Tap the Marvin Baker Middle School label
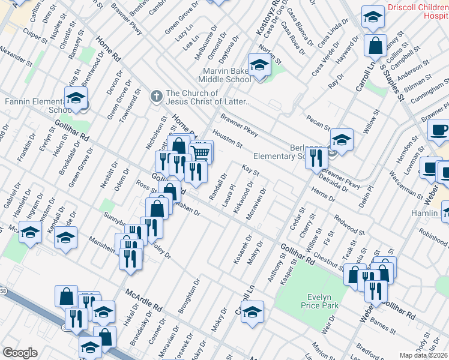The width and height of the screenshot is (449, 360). pos(226,74)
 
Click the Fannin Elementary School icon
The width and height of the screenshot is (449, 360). pos(76,98)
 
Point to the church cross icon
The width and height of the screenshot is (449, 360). pos(156,95)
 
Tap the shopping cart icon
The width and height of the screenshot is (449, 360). pos(202,152)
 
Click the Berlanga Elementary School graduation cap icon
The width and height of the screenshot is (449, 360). pos(341,140)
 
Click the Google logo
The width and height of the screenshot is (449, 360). pos(19,353)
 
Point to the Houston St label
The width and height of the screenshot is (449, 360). pos(226,140)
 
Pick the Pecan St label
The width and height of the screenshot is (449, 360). pos(319,122)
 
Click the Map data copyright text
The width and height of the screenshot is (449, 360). pos(423,355)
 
